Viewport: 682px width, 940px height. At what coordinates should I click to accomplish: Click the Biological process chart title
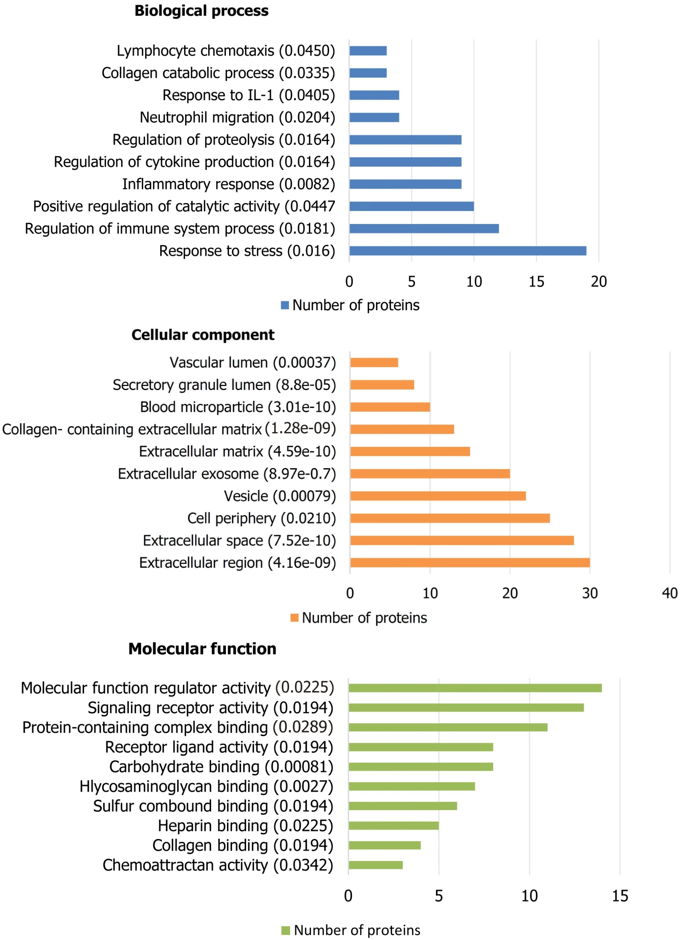click(x=202, y=11)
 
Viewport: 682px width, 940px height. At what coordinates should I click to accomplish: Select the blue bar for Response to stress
click(x=467, y=251)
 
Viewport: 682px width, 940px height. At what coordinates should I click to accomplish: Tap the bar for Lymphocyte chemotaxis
click(x=368, y=51)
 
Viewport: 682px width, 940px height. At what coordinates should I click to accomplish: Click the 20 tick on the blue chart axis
click(x=598, y=282)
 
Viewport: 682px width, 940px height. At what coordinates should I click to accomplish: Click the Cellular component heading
click(x=203, y=335)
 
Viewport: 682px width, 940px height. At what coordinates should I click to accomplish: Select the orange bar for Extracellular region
click(x=470, y=563)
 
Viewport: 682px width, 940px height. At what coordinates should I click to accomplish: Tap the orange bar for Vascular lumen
click(x=374, y=363)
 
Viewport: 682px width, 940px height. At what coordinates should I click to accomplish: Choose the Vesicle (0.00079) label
click(x=280, y=496)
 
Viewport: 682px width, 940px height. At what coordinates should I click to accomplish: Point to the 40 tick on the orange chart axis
click(x=669, y=593)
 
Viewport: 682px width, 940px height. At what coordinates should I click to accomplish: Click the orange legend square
click(x=295, y=618)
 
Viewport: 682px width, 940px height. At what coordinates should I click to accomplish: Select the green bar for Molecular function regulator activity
click(x=475, y=688)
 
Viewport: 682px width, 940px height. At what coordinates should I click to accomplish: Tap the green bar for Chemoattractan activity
click(x=375, y=865)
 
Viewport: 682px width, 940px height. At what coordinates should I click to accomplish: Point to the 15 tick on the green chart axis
click(x=620, y=896)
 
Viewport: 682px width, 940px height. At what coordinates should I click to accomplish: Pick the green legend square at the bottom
click(x=286, y=930)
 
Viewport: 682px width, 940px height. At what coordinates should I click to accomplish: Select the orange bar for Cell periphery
click(x=450, y=518)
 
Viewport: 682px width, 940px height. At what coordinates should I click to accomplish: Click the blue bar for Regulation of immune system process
click(x=424, y=229)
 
